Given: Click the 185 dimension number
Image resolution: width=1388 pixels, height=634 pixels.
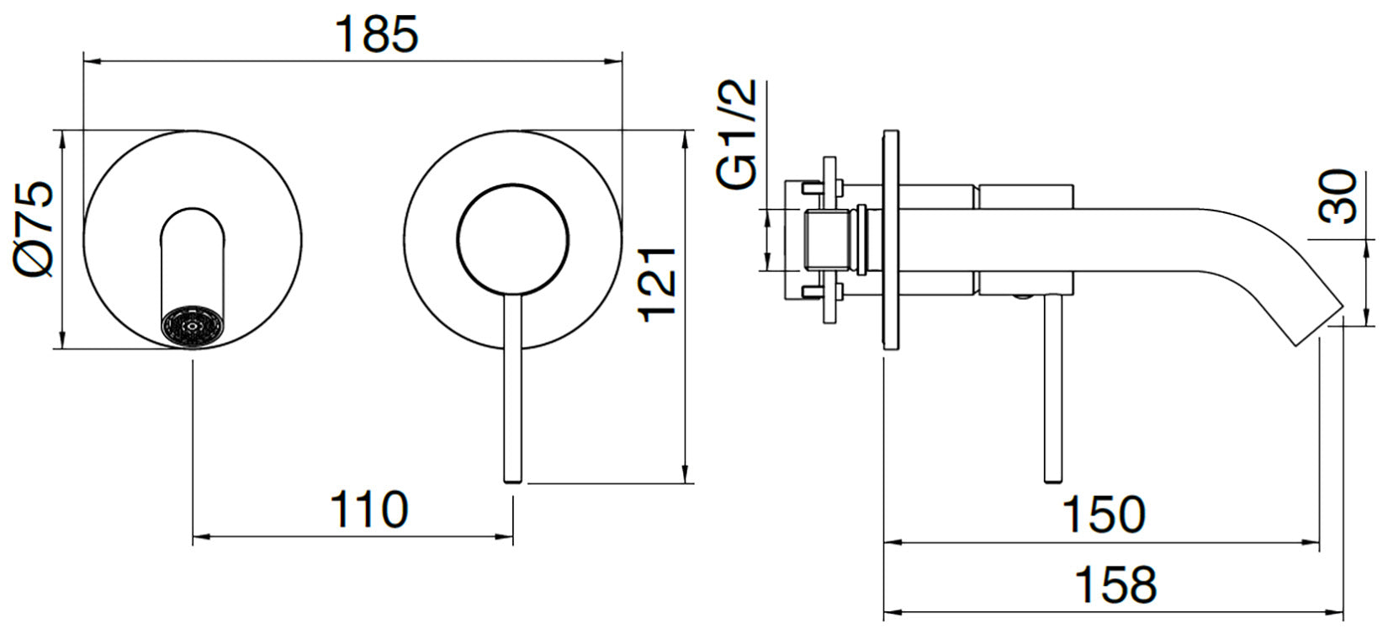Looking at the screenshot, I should pyautogui.click(x=376, y=35).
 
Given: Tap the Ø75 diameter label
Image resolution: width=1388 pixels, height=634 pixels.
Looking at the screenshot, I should pyautogui.click(x=36, y=229).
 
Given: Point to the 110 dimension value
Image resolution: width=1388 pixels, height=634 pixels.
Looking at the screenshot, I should pyautogui.click(x=368, y=509).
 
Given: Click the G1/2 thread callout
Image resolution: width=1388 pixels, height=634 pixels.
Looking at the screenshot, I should pyautogui.click(x=738, y=135).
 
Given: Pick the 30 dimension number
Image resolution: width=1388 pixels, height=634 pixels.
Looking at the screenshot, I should pyautogui.click(x=1338, y=197).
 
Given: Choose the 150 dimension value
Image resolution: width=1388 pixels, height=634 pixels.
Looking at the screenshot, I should pyautogui.click(x=1104, y=514).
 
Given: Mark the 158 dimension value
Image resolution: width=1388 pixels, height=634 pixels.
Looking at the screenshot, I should pyautogui.click(x=1115, y=583).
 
